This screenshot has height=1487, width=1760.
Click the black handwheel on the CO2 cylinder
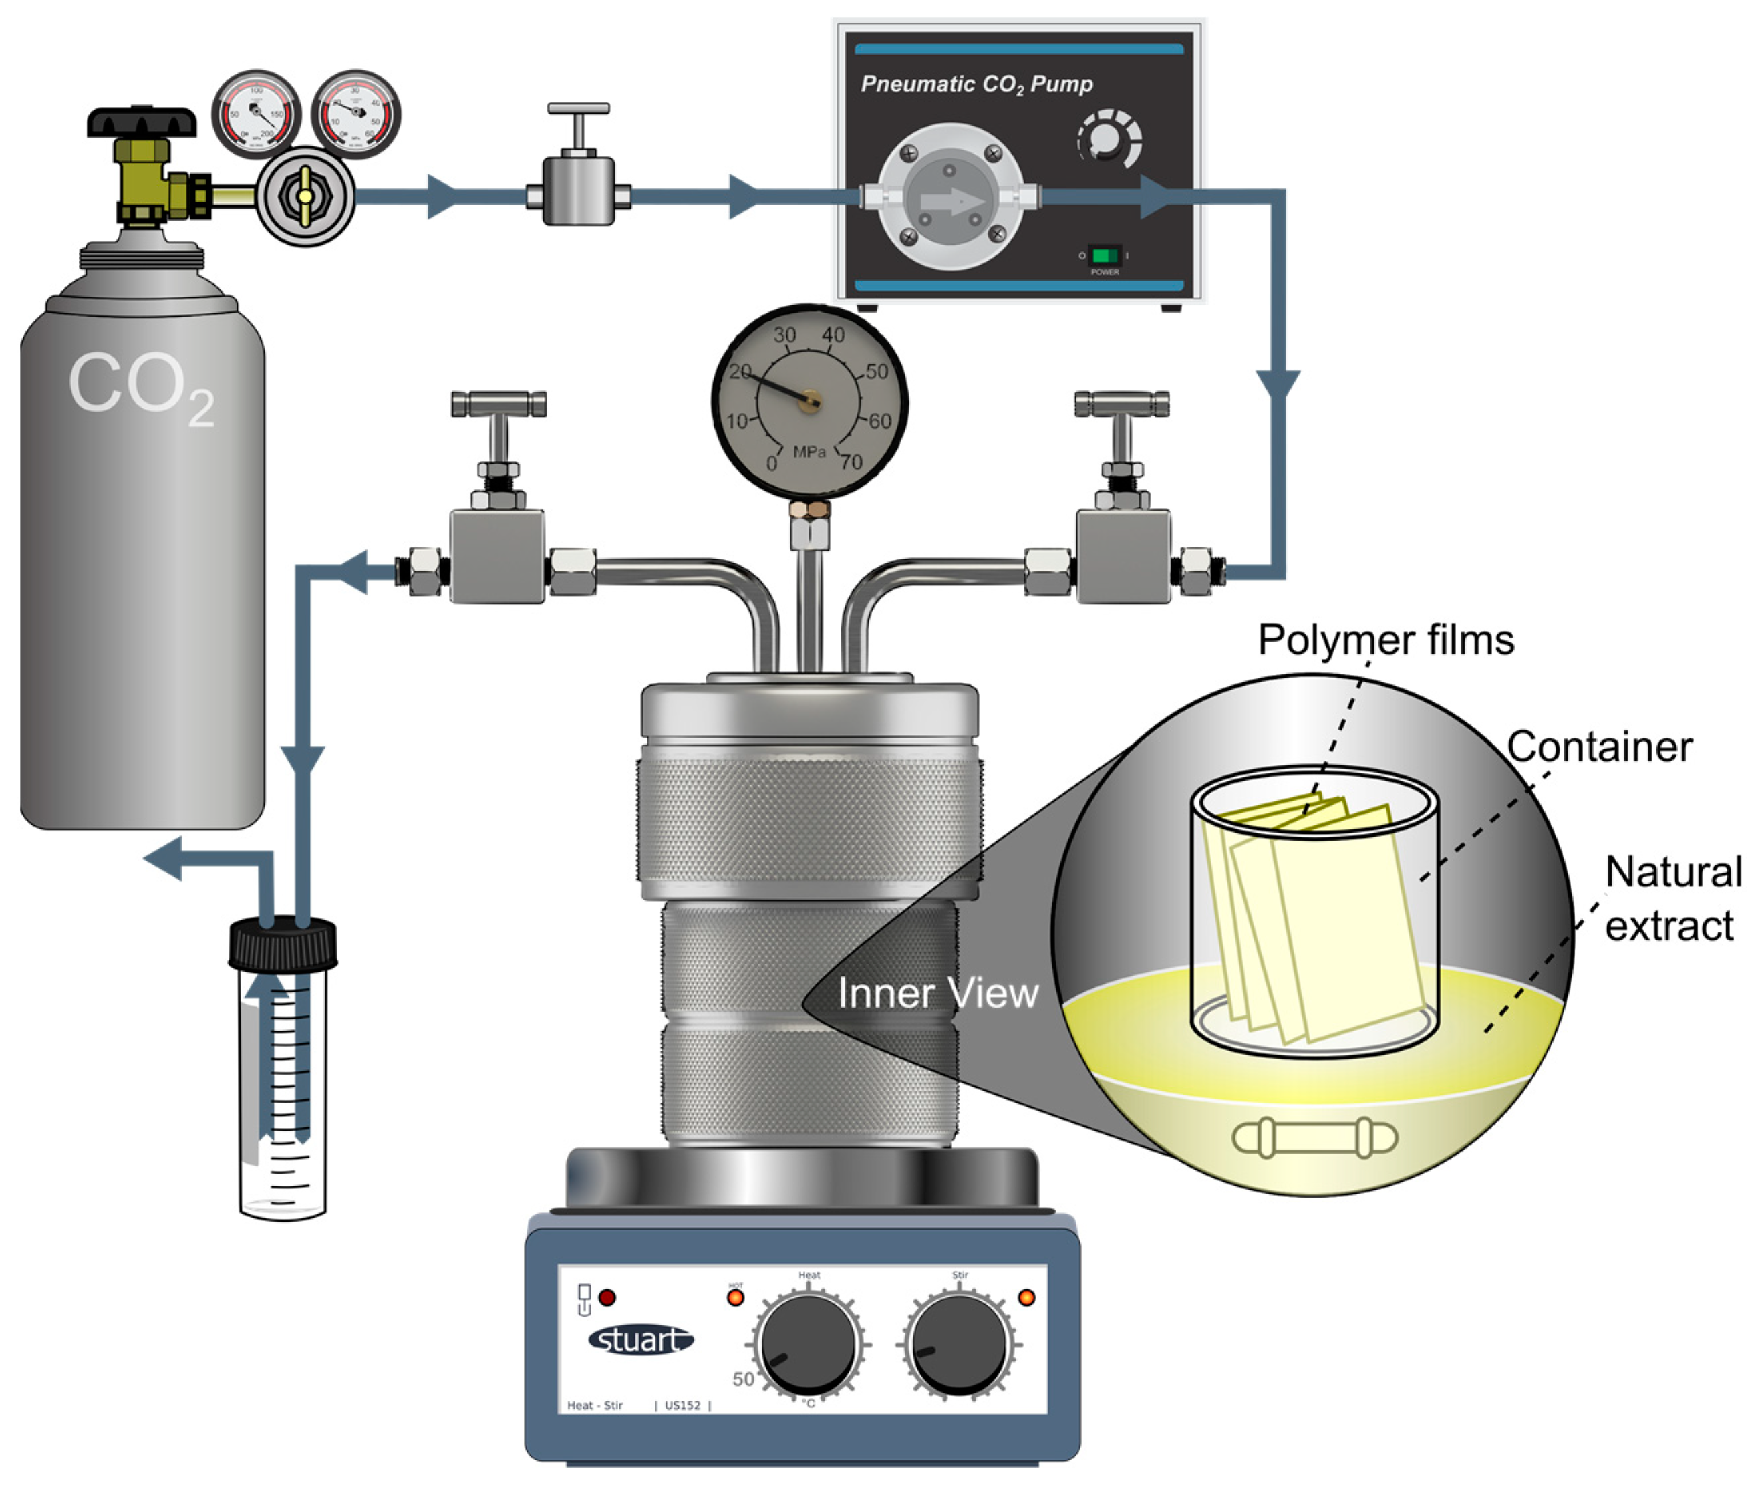click(x=142, y=122)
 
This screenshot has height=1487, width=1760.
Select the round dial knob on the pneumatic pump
click(x=1109, y=140)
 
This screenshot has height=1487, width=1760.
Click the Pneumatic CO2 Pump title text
click(x=976, y=84)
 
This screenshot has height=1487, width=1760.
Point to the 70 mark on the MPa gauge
click(x=851, y=462)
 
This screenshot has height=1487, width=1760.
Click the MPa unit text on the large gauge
click(x=809, y=452)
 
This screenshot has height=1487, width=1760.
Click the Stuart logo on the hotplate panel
click(x=641, y=1339)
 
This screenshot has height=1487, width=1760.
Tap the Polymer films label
click(x=1386, y=640)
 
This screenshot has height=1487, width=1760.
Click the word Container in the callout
click(x=1599, y=747)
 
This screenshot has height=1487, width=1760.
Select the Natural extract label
click(x=1672, y=899)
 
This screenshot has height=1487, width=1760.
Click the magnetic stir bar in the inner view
click(x=1314, y=1138)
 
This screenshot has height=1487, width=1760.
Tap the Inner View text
click(x=937, y=993)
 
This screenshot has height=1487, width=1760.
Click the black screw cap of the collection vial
click(x=283, y=944)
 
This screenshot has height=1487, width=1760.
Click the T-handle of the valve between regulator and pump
click(x=578, y=109)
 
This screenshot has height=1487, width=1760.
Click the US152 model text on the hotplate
click(x=682, y=1405)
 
